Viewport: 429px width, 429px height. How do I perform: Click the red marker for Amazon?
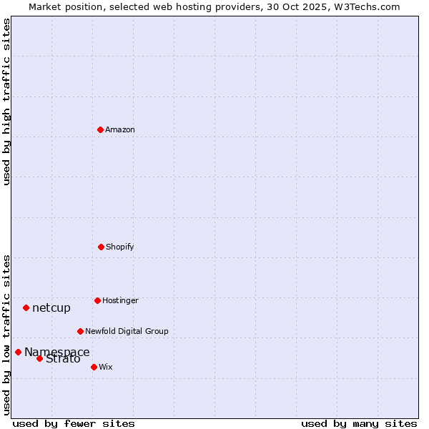pos(100,129)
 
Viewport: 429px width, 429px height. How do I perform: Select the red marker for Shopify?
pos(101,247)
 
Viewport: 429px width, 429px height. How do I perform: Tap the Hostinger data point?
pos(97,300)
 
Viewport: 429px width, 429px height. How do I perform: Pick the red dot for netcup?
pos(26,307)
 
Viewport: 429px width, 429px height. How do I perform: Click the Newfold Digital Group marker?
pos(80,331)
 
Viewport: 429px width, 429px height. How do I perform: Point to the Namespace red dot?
pos(18,352)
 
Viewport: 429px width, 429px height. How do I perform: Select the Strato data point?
pos(39,358)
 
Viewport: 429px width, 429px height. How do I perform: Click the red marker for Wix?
pos(94,367)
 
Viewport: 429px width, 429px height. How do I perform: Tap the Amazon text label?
pos(120,129)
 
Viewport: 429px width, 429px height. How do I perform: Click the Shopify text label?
pos(120,247)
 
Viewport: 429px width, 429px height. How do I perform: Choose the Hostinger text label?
pos(120,300)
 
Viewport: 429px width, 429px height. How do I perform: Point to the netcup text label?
pos(51,308)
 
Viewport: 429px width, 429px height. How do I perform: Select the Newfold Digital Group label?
pos(127,331)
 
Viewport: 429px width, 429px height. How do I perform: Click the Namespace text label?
pos(57,352)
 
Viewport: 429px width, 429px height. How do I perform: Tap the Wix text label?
pos(106,367)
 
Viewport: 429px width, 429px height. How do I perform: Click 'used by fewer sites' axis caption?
pos(74,423)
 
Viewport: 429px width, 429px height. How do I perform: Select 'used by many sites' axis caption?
pos(359,423)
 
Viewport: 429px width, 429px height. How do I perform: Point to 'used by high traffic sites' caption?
pos(6,102)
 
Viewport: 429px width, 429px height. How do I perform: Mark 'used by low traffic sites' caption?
pos(6,334)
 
